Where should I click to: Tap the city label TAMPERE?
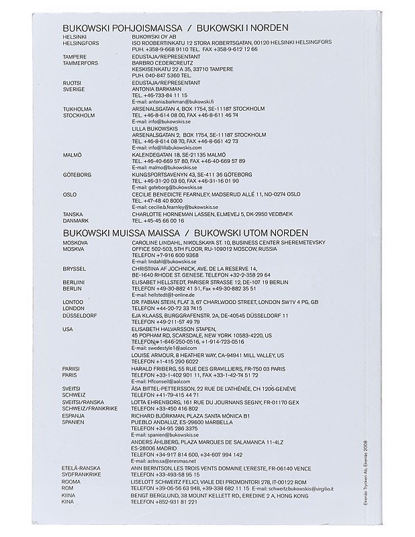click(x=74, y=57)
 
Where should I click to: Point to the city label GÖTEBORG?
click(x=76, y=174)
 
